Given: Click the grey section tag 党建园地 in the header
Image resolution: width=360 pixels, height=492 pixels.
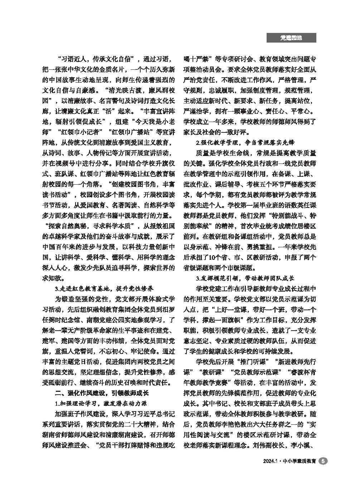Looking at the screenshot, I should [291, 38].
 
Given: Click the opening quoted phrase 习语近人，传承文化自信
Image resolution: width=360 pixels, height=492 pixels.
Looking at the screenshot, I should [95, 59].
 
